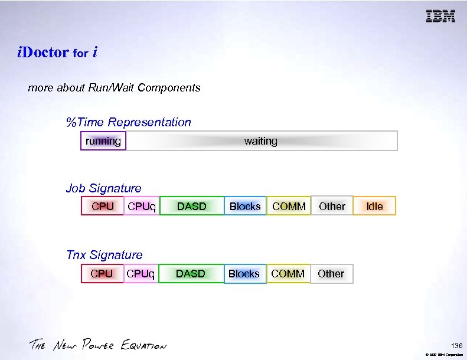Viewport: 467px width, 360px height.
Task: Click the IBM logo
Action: pyautogui.click(x=440, y=17)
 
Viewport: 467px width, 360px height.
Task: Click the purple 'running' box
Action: pyautogui.click(x=103, y=141)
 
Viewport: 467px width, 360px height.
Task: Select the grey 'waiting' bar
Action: pyautogui.click(x=261, y=141)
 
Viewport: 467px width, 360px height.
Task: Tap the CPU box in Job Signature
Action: pyautogui.click(x=103, y=206)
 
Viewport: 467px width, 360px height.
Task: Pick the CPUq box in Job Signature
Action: pyautogui.click(x=142, y=206)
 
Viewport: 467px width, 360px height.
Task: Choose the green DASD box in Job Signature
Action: pyautogui.click(x=192, y=206)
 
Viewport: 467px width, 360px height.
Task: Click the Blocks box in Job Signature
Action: pyautogui.click(x=245, y=206)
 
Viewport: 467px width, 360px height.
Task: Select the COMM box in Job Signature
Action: pyautogui.click(x=289, y=206)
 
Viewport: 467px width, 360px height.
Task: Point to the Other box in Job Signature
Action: pyautogui.click(x=332, y=206)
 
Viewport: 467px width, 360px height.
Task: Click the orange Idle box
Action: pyautogui.click(x=374, y=206)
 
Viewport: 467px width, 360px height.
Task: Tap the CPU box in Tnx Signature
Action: pyautogui.click(x=102, y=274)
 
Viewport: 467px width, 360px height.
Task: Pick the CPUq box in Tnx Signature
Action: pyautogui.click(x=141, y=274)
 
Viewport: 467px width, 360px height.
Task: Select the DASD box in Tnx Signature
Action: pyautogui.click(x=191, y=274)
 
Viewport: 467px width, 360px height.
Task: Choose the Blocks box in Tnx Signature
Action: pyautogui.click(x=244, y=274)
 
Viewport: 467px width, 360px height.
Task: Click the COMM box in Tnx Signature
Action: pyautogui.click(x=288, y=274)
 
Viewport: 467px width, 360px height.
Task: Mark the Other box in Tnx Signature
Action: pyautogui.click(x=331, y=274)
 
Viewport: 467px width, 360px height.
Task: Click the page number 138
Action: pyautogui.click(x=456, y=345)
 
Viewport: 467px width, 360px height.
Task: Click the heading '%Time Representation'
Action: pyautogui.click(x=129, y=122)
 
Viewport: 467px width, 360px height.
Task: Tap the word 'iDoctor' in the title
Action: pyautogui.click(x=43, y=53)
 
